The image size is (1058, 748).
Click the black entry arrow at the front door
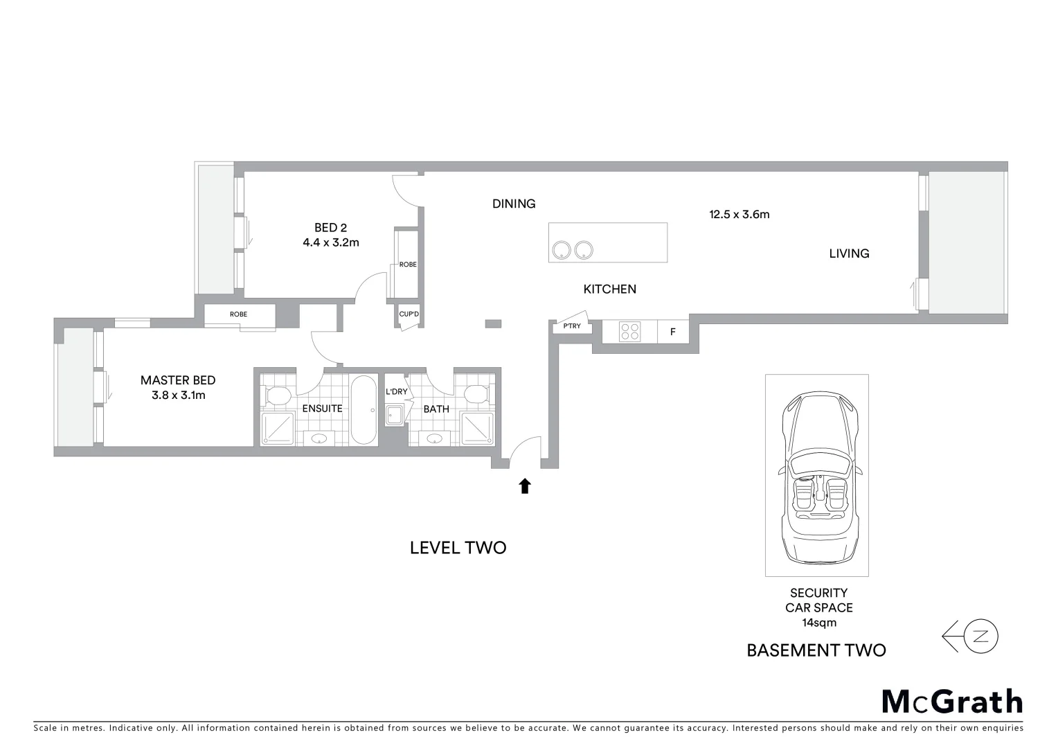coord(525,486)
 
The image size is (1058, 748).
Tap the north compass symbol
coord(980,636)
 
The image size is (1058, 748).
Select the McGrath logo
coord(952,702)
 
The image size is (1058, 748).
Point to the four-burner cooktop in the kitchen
coord(629,332)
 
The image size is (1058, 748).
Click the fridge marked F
coord(672,332)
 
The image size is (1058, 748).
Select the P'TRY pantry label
coord(572,326)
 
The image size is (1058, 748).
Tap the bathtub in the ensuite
coord(364,409)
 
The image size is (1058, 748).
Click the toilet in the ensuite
coord(278,395)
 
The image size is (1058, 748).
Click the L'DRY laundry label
coord(397,392)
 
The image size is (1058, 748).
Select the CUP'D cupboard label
coord(409,314)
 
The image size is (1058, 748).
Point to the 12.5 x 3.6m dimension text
coord(739,215)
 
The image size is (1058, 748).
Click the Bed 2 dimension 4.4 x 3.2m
coord(330,243)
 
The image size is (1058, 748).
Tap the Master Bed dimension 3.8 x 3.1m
coord(178,395)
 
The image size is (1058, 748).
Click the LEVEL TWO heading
coord(458,548)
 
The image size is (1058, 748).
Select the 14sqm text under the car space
coord(818,623)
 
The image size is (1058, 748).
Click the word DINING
coord(514,204)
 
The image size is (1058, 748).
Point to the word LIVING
coord(849,253)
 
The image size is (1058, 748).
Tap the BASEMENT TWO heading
coord(816,650)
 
